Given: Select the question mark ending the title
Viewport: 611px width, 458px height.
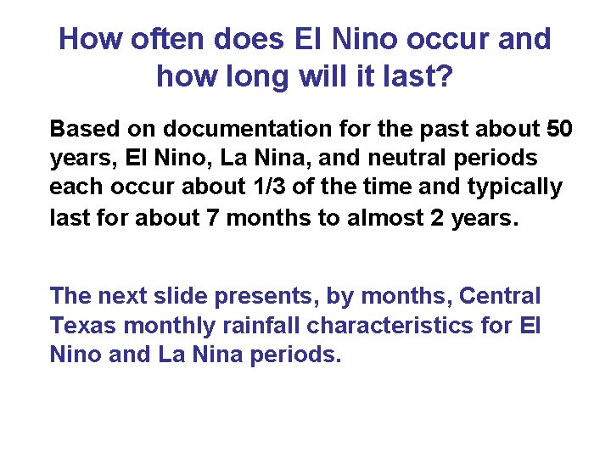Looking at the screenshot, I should pyautogui.click(x=444, y=76).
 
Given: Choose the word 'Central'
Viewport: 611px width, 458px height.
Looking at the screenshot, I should pyautogui.click(x=500, y=297).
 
